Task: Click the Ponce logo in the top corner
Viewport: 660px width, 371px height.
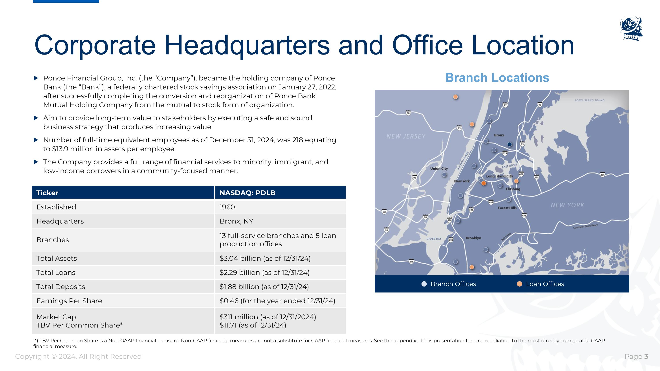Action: pyautogui.click(x=631, y=28)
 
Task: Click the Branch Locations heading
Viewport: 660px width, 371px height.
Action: pyautogui.click(x=497, y=78)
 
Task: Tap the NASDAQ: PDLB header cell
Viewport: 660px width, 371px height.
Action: pyautogui.click(x=247, y=193)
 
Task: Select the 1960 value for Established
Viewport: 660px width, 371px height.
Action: pyautogui.click(x=227, y=207)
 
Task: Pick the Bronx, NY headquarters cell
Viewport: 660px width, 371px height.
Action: pyautogui.click(x=236, y=221)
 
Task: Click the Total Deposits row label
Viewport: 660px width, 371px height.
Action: pyautogui.click(x=61, y=287)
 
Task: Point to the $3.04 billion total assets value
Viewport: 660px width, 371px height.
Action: pyautogui.click(x=265, y=258)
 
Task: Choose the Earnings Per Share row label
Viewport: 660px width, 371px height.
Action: pyautogui.click(x=69, y=301)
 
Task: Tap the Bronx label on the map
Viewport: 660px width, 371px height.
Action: pyautogui.click(x=499, y=135)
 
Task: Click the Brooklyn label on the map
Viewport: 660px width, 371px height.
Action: pyautogui.click(x=473, y=238)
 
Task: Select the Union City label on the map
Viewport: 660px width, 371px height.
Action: pyautogui.click(x=439, y=168)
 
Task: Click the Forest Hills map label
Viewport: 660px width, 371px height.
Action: pyautogui.click(x=507, y=208)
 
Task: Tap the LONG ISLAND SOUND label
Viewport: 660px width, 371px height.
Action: pyautogui.click(x=590, y=100)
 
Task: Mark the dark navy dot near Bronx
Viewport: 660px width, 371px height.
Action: pyautogui.click(x=510, y=144)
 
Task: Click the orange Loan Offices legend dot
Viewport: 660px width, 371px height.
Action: pyautogui.click(x=519, y=284)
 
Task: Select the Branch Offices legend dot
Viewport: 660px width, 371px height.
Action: pyautogui.click(x=424, y=284)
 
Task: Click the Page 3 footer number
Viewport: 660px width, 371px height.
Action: pyautogui.click(x=646, y=356)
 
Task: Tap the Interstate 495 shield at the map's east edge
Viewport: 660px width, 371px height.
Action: pyautogui.click(x=602, y=175)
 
